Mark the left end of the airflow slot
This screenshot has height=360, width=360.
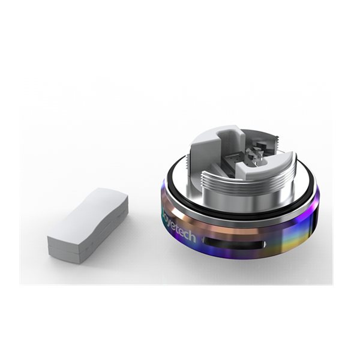tap(206, 241)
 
